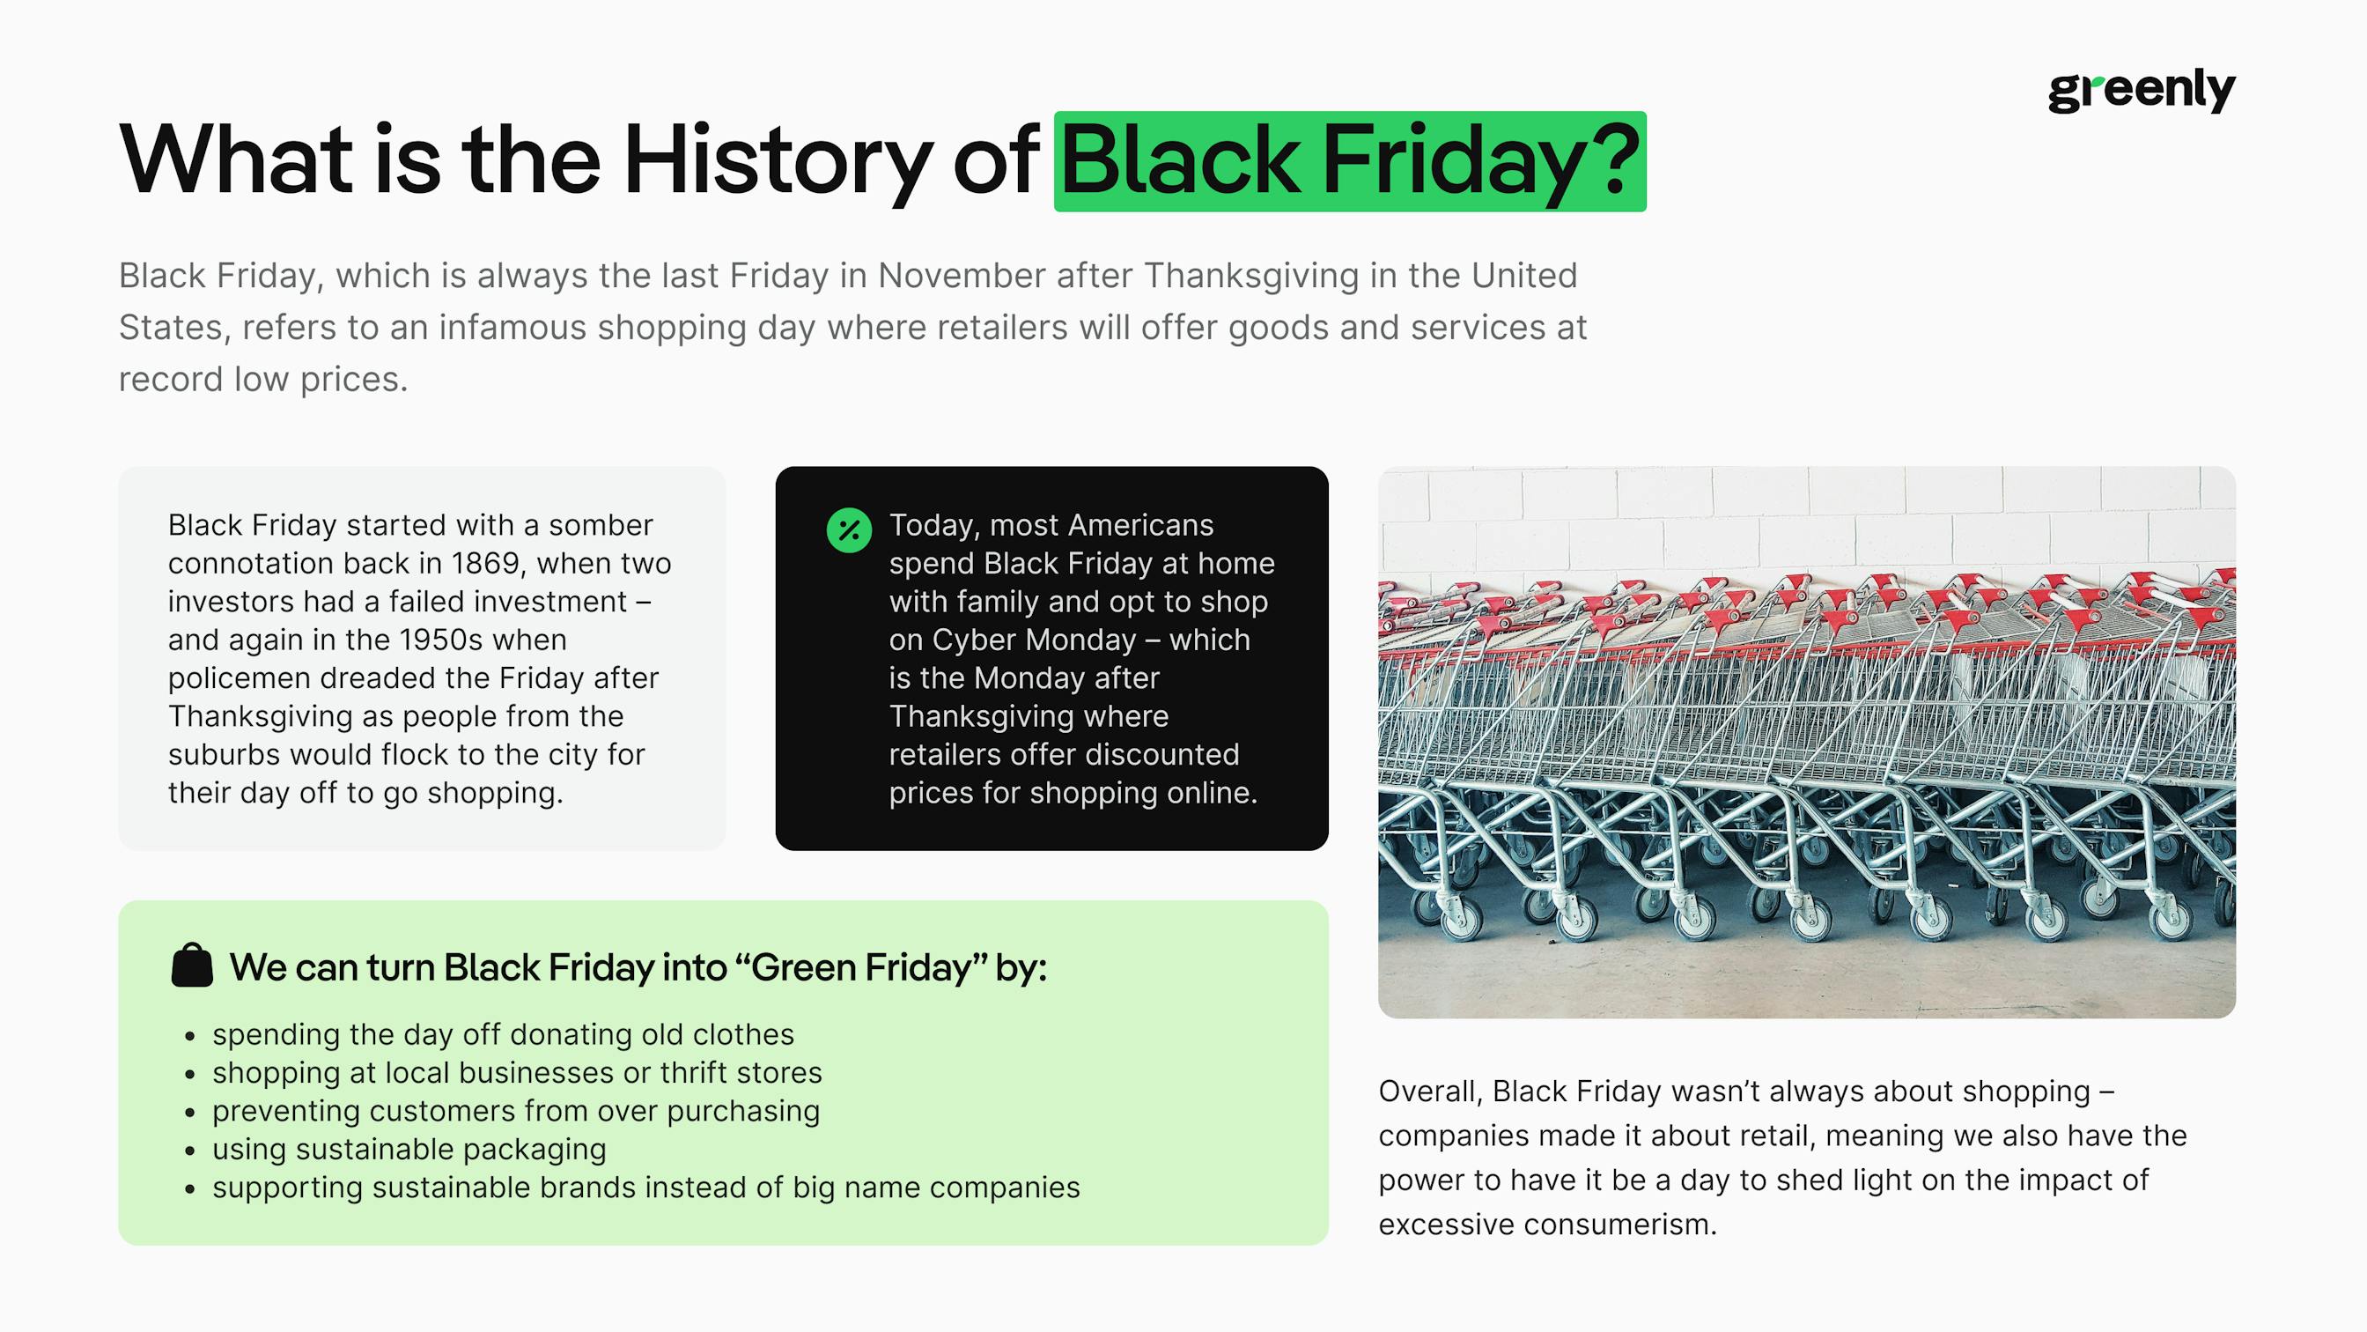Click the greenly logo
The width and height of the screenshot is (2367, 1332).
point(2141,90)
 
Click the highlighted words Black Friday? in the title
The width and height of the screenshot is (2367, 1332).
point(1349,161)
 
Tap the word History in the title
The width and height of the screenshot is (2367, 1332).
point(777,161)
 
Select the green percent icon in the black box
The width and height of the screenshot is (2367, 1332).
point(848,530)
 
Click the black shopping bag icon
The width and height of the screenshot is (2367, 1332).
point(192,966)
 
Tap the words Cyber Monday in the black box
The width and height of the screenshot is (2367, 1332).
point(1034,639)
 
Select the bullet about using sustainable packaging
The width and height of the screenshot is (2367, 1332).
point(409,1149)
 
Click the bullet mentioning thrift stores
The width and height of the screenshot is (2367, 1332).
point(516,1073)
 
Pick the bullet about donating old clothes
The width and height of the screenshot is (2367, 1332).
point(503,1034)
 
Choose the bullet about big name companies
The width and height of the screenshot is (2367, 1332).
point(646,1187)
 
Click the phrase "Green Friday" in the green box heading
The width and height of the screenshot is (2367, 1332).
point(862,967)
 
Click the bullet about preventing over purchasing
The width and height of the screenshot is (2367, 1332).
point(515,1111)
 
